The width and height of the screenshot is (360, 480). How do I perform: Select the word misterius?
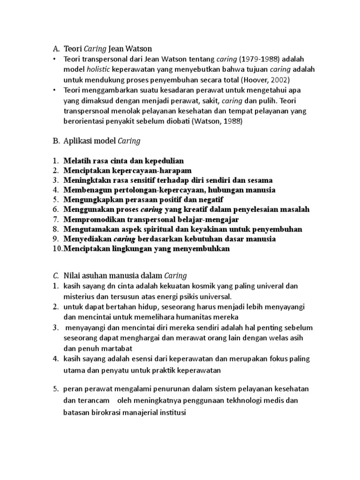pyautogui.click(x=81, y=296)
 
